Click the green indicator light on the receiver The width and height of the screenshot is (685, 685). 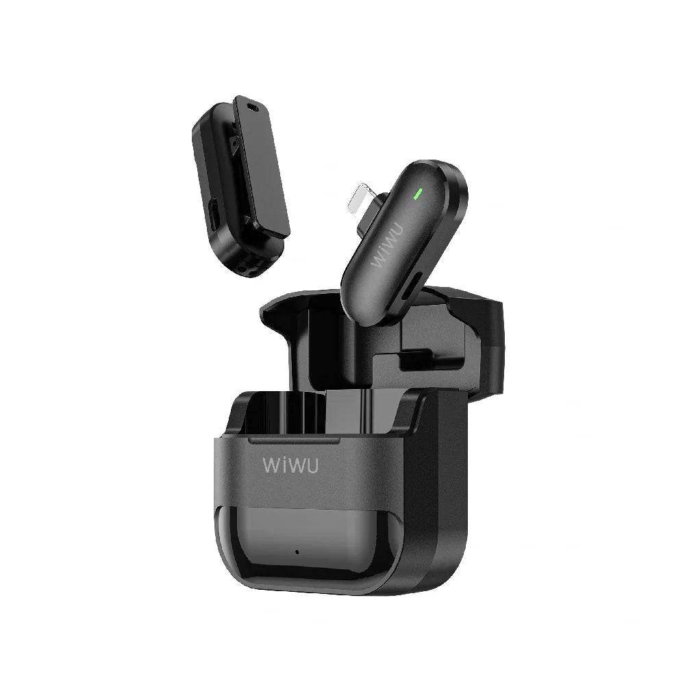417,193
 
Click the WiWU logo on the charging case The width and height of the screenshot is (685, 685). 290,466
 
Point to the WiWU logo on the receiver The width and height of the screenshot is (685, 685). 386,246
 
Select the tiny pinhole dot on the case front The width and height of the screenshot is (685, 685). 297,552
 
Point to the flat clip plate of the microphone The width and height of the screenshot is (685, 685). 261,166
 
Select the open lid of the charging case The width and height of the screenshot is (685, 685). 384,340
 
